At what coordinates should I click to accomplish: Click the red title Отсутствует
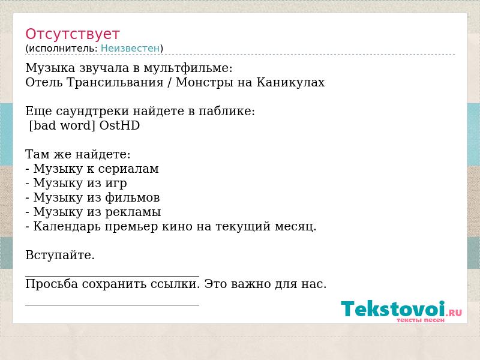[73, 34]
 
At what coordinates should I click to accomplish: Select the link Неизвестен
[130, 49]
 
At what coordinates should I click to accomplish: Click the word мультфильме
[188, 68]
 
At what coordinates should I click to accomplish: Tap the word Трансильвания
[115, 82]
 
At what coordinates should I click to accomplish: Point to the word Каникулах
[290, 82]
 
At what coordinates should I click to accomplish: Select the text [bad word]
[62, 125]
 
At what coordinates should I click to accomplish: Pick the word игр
[116, 184]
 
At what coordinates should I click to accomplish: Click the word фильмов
[132, 197]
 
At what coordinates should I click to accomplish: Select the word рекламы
[133, 212]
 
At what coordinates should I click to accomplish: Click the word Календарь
[67, 227]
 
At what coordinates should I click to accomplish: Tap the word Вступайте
[60, 255]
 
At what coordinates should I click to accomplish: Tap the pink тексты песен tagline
[421, 320]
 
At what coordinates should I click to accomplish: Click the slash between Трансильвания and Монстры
[169, 83]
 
